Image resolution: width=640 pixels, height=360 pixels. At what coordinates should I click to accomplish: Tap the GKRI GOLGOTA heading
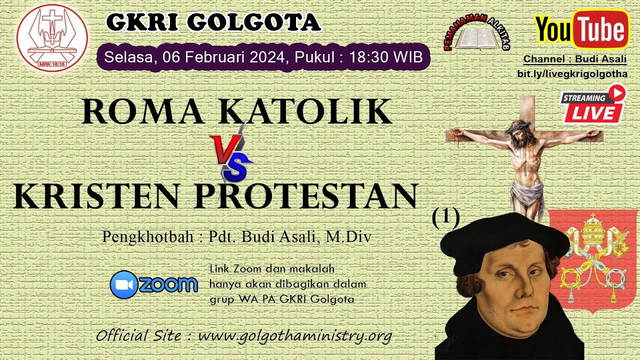tap(213, 22)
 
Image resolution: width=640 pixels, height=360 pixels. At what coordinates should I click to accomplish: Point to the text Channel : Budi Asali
tap(574, 59)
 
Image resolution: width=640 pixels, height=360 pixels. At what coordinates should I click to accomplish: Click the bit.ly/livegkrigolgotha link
tap(572, 73)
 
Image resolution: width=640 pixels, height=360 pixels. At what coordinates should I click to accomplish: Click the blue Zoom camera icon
tap(123, 285)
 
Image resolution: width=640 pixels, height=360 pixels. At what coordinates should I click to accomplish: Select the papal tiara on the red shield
tap(593, 227)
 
